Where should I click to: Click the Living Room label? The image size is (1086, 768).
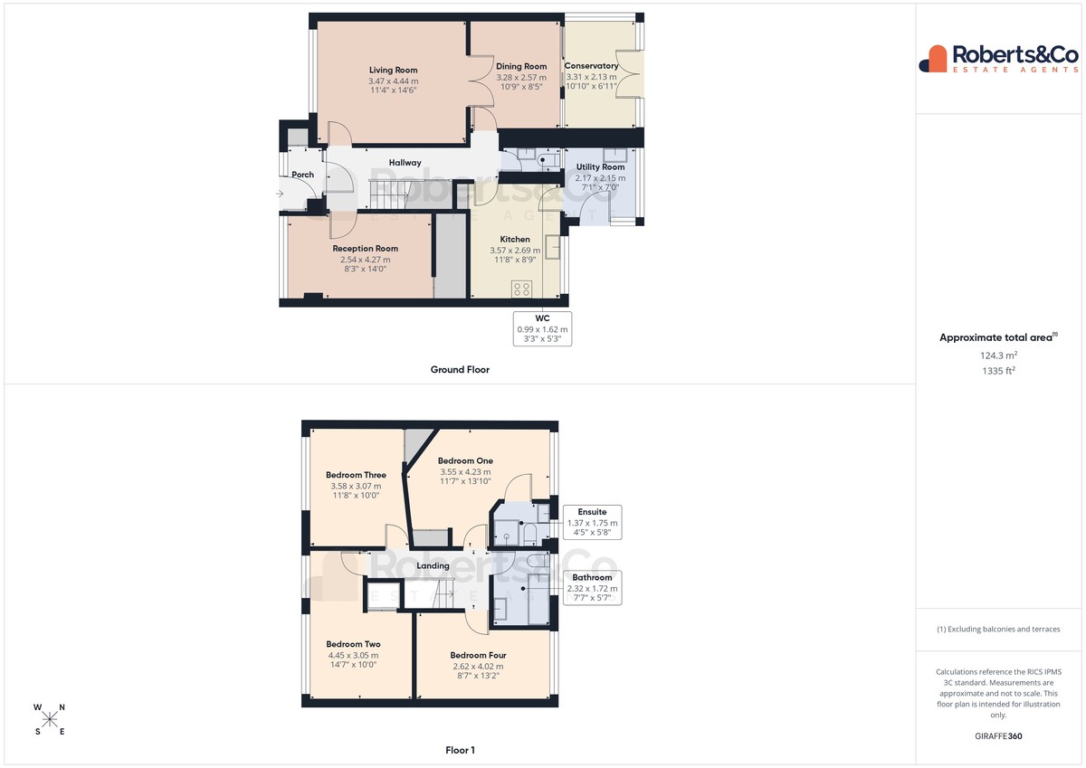coord(393,70)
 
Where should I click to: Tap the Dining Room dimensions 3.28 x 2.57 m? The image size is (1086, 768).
coord(521,78)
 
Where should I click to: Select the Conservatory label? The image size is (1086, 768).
coord(591,65)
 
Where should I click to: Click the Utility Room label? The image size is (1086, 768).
coord(600,166)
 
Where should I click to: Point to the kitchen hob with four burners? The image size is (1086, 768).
coord(521,289)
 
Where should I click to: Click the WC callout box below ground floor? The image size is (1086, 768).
coord(542,329)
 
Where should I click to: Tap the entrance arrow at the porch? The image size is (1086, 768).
coord(280,194)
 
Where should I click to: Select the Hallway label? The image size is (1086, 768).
coord(405,163)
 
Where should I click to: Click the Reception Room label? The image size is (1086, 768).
coord(365,249)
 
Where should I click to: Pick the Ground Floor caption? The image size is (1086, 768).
coord(460,370)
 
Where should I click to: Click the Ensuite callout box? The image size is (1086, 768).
coord(592,522)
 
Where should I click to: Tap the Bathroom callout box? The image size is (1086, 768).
coord(592,587)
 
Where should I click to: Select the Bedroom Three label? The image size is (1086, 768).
coord(356,475)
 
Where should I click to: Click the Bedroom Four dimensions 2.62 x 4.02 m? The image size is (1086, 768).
coord(478,667)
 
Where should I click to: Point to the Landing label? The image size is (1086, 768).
coord(433,565)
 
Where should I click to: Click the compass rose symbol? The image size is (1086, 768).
coord(50,719)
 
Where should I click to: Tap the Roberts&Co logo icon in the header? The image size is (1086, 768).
coord(933,59)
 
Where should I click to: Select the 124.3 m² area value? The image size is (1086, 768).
coord(998,356)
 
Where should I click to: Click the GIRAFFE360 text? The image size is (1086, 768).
coord(998,736)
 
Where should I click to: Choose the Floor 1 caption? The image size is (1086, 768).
coord(460,750)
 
